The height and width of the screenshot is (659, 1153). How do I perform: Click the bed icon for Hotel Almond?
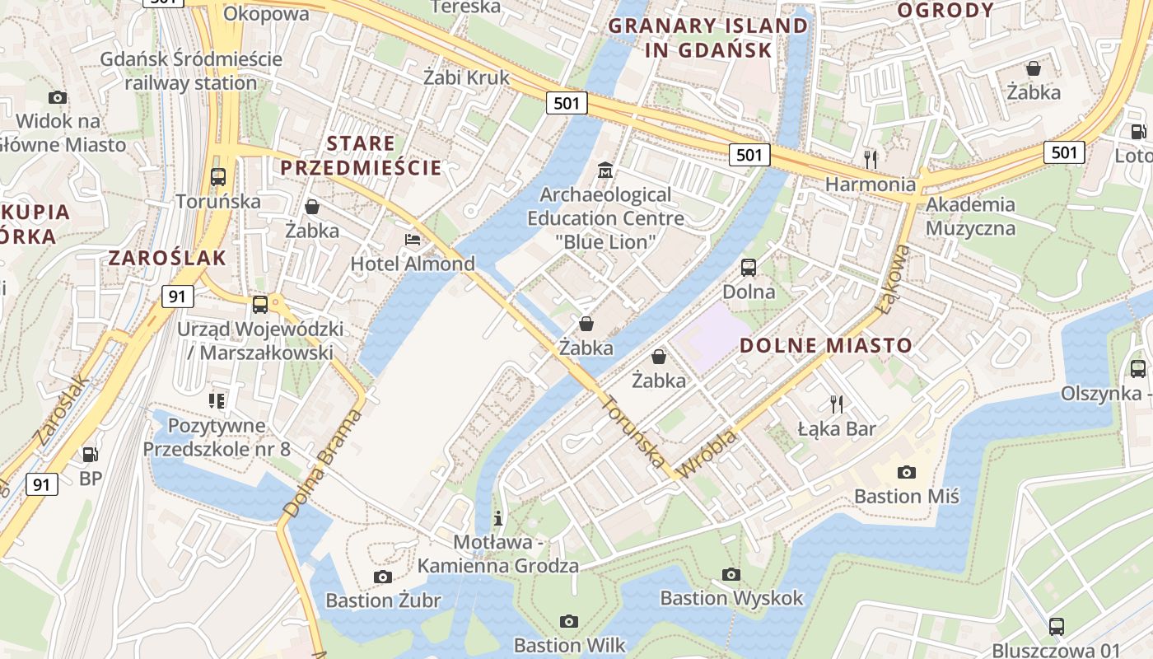pos(413,240)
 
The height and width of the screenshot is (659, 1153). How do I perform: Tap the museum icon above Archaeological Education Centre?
pos(605,171)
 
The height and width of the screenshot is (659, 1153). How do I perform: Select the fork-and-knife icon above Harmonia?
pos(870,158)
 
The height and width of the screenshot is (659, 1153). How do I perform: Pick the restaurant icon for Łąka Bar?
pos(837,404)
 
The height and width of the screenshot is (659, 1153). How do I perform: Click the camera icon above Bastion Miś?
pos(906,472)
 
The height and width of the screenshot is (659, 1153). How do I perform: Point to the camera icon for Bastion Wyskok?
pos(731,574)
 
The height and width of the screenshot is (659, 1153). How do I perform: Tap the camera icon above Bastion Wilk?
pos(568,621)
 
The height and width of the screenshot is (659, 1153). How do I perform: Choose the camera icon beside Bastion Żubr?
pos(382,577)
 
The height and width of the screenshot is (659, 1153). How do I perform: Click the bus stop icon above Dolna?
pos(748,267)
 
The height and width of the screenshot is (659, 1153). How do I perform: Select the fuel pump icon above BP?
pos(90,454)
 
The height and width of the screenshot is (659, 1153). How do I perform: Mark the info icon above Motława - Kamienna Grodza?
pos(497,518)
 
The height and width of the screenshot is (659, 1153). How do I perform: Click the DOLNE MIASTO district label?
pos(826,345)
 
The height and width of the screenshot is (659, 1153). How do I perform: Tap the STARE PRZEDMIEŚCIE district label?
pos(361,156)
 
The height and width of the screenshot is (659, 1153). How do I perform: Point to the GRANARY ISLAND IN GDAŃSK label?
pos(708,38)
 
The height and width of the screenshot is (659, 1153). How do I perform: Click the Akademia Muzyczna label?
pos(970,216)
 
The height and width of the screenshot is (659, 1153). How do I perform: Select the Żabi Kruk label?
pos(466,77)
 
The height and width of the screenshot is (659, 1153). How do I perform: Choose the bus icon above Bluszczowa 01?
pos(1056,626)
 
